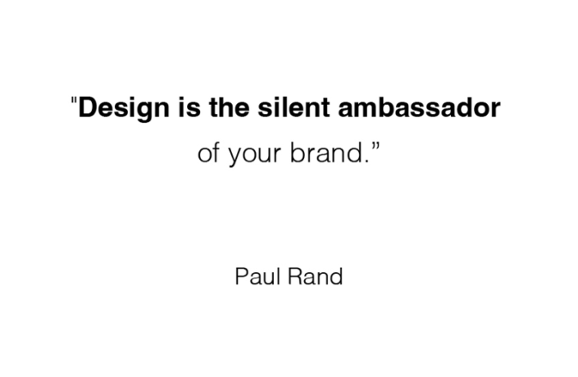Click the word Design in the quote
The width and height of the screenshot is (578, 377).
124,108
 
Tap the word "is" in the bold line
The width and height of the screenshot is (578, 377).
189,107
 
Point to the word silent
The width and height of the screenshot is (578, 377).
294,107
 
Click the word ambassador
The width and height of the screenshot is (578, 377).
419,107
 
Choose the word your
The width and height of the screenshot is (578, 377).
255,155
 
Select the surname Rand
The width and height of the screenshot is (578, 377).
316,276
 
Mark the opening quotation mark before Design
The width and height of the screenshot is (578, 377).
74,100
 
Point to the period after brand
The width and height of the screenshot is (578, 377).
366,161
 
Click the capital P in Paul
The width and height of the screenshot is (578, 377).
241,276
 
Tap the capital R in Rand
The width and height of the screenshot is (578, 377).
296,276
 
